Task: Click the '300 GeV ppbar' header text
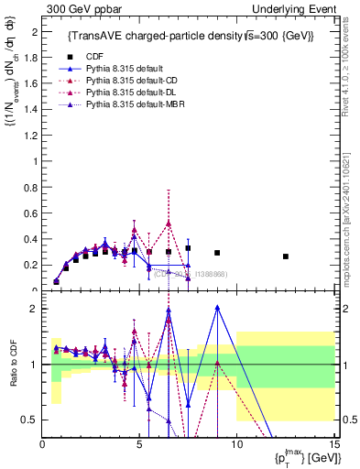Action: coord(77,8)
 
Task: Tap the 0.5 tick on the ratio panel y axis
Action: coord(32,420)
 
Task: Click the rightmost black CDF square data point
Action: coord(286,256)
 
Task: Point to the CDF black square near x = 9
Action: coord(217,253)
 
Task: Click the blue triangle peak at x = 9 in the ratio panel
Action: coord(217,308)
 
